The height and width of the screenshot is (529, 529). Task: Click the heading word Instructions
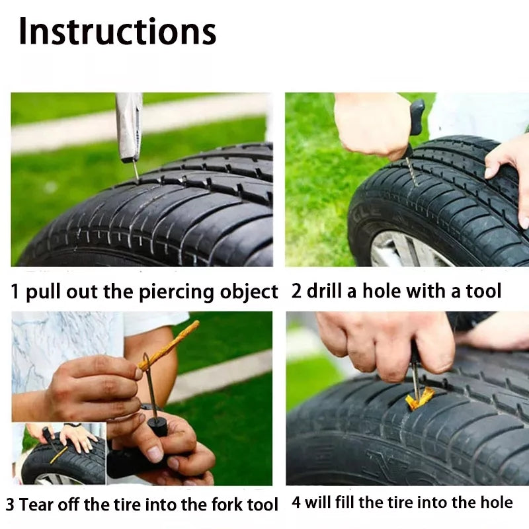click(117, 31)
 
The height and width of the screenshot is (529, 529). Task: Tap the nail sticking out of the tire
click(136, 171)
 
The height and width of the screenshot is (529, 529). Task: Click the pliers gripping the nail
click(128, 126)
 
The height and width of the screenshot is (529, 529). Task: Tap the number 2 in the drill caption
click(297, 291)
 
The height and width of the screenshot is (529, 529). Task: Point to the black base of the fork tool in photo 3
click(157, 425)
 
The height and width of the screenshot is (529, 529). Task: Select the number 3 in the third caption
click(11, 505)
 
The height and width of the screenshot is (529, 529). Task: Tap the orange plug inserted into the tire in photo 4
click(419, 397)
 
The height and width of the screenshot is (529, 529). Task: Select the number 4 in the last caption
click(297, 503)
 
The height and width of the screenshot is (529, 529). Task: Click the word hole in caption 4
click(493, 503)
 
